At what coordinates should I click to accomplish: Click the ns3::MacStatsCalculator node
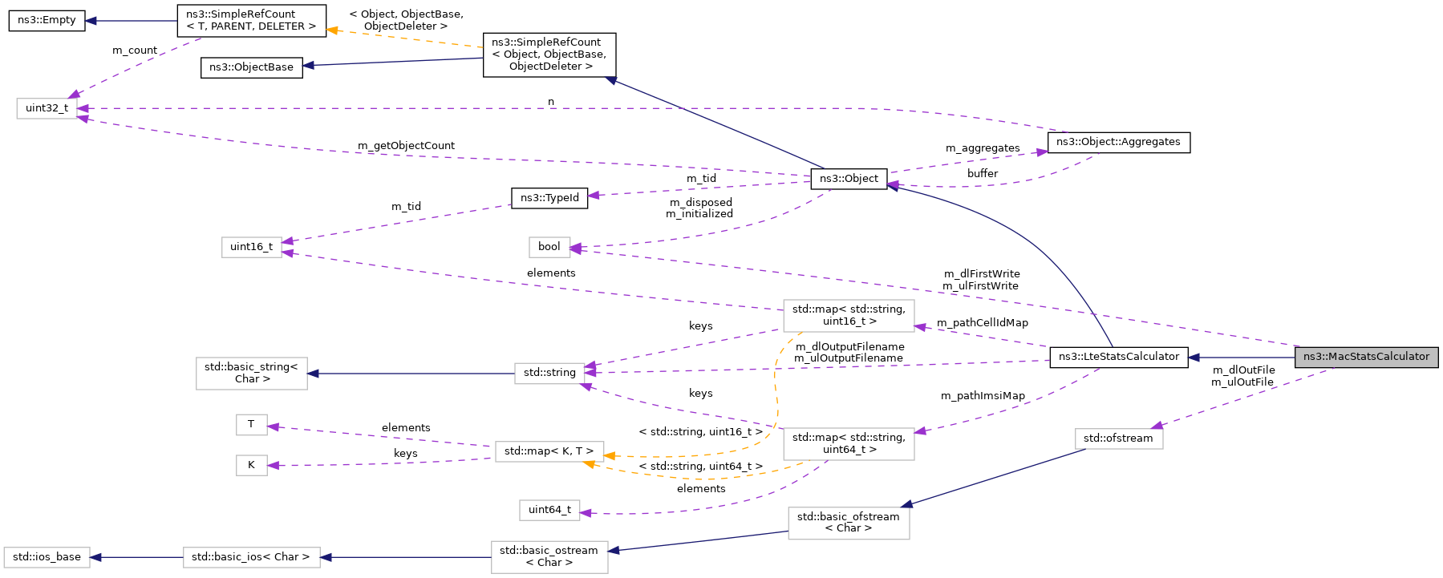pos(1366,357)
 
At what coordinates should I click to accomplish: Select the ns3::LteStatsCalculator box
pos(1118,357)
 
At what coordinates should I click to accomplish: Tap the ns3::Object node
pos(849,179)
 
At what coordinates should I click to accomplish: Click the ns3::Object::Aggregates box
pos(1118,142)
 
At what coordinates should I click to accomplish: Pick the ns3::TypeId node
pos(549,198)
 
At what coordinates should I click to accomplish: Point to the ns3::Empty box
pos(47,20)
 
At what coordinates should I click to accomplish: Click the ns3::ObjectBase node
pos(251,67)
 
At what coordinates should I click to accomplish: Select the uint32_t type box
pos(47,108)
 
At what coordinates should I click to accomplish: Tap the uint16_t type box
pos(251,247)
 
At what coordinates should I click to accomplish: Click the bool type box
pos(549,247)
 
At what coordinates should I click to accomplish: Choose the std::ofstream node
pos(1118,439)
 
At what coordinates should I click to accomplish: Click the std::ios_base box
pos(47,557)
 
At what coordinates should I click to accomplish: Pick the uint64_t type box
pos(549,510)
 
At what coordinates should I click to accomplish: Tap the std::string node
pos(549,373)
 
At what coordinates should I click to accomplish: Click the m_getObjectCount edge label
pos(406,146)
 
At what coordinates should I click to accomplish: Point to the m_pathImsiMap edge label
pos(983,396)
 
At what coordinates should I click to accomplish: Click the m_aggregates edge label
pos(983,148)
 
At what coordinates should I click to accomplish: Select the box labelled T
pos(251,424)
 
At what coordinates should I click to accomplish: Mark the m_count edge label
pos(135,51)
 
